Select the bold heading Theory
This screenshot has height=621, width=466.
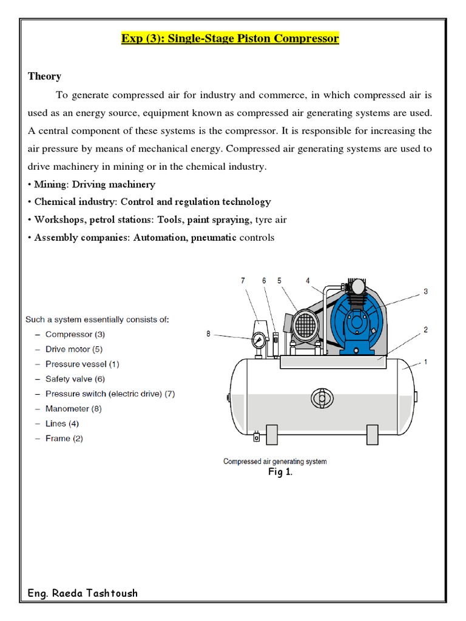pyautogui.click(x=44, y=76)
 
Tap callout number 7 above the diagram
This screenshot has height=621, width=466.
pyautogui.click(x=243, y=280)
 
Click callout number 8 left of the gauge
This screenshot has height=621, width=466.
pyautogui.click(x=208, y=333)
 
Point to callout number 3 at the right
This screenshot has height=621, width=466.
pyautogui.click(x=425, y=291)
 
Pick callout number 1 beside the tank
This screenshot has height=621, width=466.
pyautogui.click(x=425, y=362)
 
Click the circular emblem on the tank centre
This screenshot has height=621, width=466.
pyautogui.click(x=322, y=398)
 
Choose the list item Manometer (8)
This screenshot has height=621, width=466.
pyautogui.click(x=73, y=409)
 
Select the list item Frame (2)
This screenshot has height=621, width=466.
pyautogui.click(x=64, y=438)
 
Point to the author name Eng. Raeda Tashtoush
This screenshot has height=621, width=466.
pyautogui.click(x=83, y=593)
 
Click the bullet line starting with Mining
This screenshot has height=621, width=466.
pyautogui.click(x=92, y=184)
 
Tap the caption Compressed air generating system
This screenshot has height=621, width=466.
pyautogui.click(x=275, y=462)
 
